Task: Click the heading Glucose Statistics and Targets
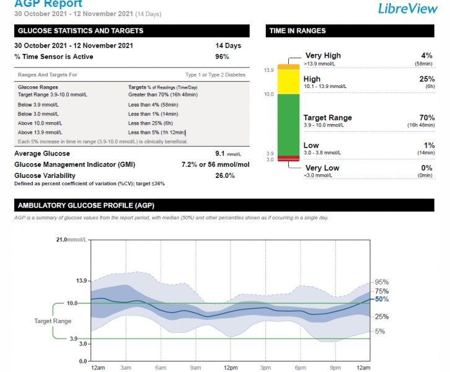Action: tap(81, 31)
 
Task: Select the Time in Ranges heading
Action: tap(297, 31)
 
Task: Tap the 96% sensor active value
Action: tap(222, 57)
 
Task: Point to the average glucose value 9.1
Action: tap(221, 153)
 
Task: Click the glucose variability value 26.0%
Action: tap(224, 175)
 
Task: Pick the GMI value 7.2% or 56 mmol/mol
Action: tap(215, 164)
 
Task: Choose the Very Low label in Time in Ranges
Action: tap(322, 168)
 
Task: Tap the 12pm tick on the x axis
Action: tap(230, 368)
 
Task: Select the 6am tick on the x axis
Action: tap(161, 368)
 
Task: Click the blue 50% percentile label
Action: tap(382, 299)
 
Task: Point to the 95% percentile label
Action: tap(382, 282)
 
